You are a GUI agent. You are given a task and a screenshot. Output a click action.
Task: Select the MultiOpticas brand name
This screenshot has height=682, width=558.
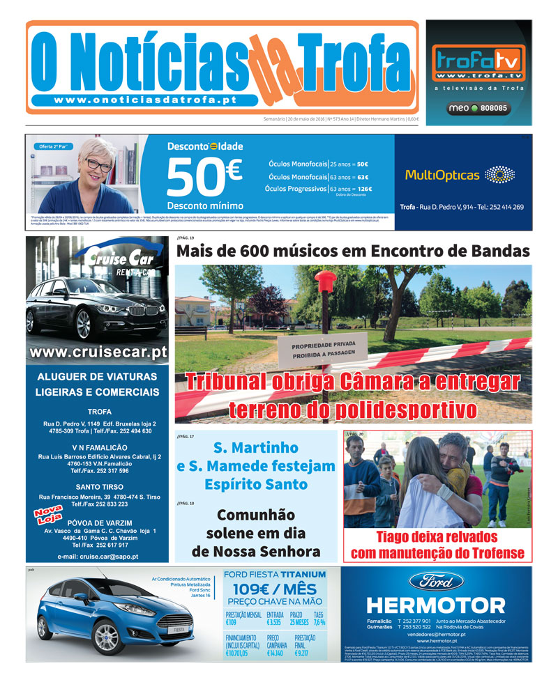442,175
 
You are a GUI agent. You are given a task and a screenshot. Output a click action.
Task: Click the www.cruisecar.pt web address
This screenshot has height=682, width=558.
98,352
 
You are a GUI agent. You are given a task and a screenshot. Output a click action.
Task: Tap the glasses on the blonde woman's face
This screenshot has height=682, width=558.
98,166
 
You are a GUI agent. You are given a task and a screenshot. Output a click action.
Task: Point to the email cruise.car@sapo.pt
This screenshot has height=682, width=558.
98,556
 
